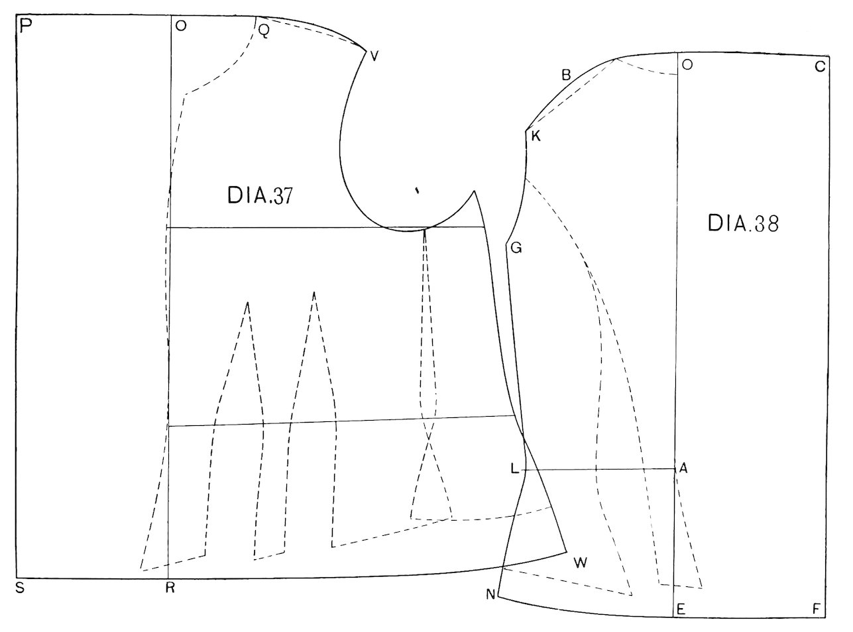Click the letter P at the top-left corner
click(26, 26)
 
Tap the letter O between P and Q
click(181, 26)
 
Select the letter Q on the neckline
click(264, 30)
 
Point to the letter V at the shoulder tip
click(374, 56)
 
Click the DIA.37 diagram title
click(260, 195)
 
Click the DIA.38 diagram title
click(744, 223)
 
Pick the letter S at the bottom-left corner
click(20, 588)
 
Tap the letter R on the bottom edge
click(170, 588)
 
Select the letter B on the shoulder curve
click(566, 75)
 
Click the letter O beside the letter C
click(687, 64)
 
